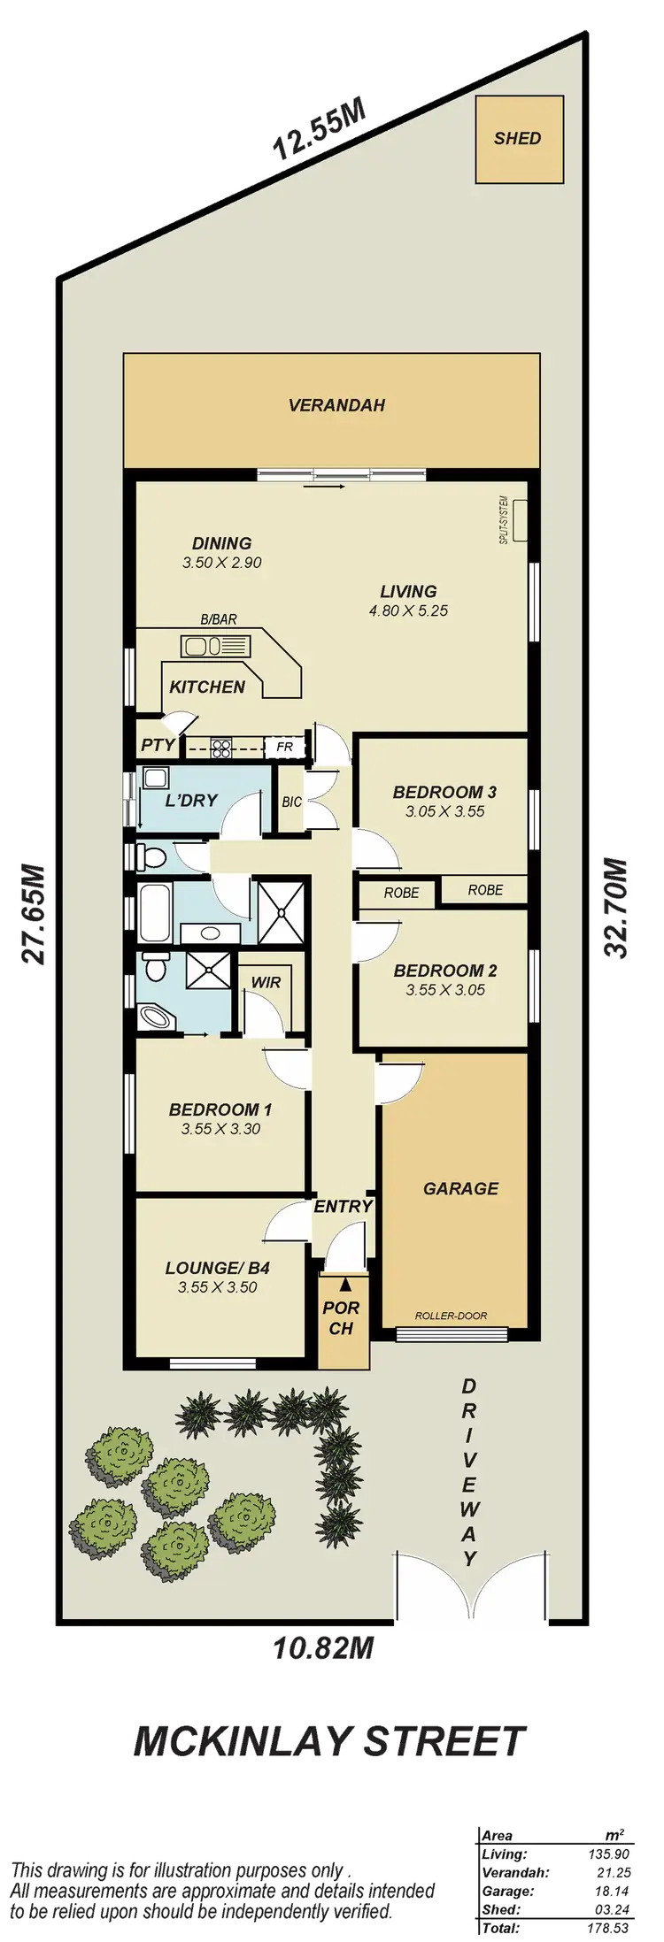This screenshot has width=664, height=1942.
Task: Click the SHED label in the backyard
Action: tap(518, 139)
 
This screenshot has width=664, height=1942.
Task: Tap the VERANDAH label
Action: tap(336, 406)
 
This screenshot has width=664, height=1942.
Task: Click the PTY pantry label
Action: tap(158, 745)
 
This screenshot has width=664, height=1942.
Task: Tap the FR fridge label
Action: tap(284, 747)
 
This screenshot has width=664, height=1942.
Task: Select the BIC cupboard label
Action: tap(291, 802)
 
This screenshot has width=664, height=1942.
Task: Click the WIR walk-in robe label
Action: tap(266, 982)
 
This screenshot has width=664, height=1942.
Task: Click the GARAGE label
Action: tap(460, 1188)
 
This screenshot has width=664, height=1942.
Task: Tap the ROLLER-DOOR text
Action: tap(451, 1316)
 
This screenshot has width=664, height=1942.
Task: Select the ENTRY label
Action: tap(343, 1206)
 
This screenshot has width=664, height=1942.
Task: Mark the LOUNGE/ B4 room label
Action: tap(217, 1268)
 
